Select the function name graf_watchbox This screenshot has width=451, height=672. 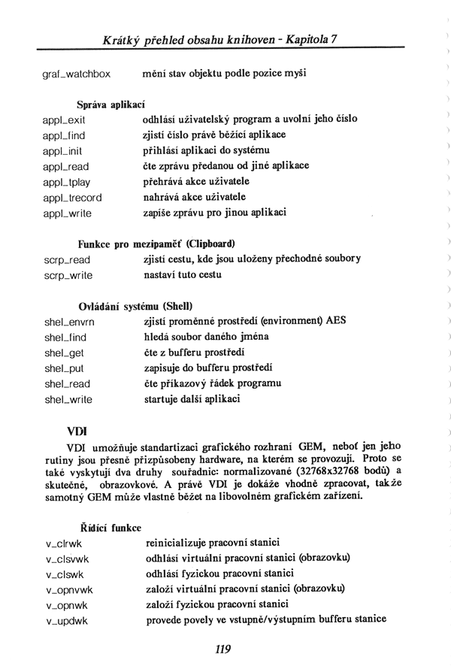coord(77,74)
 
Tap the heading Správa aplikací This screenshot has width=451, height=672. coord(110,104)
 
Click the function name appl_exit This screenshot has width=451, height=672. coord(65,120)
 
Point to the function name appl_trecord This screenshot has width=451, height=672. coord(73,198)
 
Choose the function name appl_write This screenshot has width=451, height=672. coord(68,213)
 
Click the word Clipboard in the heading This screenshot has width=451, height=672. coord(210,244)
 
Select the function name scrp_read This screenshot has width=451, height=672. coord(68,260)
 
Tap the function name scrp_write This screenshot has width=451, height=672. coord(68,275)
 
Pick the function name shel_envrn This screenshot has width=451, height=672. coord(70,322)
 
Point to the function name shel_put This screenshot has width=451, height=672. coord(65,368)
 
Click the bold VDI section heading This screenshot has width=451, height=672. coord(77,431)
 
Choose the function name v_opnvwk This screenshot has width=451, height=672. coord(70,589)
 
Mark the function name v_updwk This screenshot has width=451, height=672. coord(67,621)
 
